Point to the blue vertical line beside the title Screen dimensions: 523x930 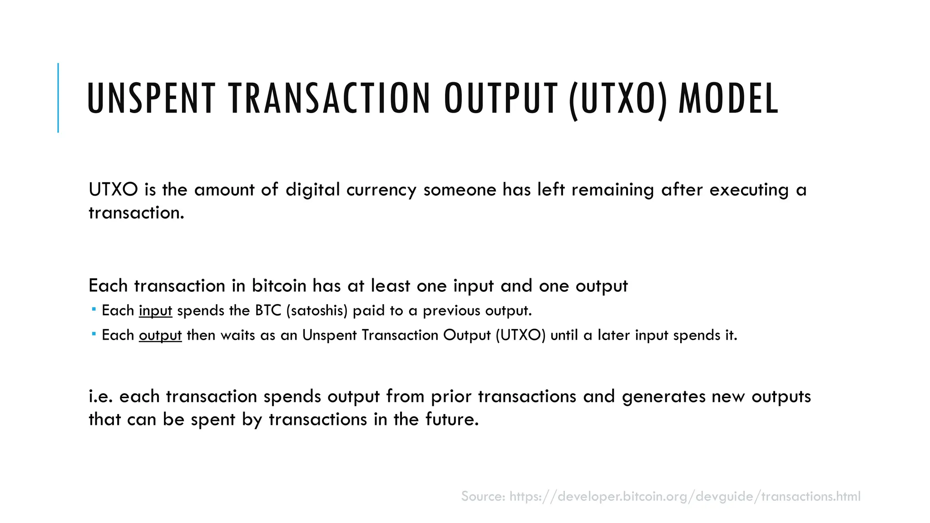(58, 98)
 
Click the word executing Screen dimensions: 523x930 (749, 190)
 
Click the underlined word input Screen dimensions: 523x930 (155, 311)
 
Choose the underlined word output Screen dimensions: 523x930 (160, 336)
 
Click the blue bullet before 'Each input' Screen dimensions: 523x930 (94, 310)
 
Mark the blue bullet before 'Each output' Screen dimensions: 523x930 (94, 334)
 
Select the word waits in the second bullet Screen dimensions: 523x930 (237, 335)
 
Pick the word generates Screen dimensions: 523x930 (663, 397)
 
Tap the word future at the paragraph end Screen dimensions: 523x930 (452, 419)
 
